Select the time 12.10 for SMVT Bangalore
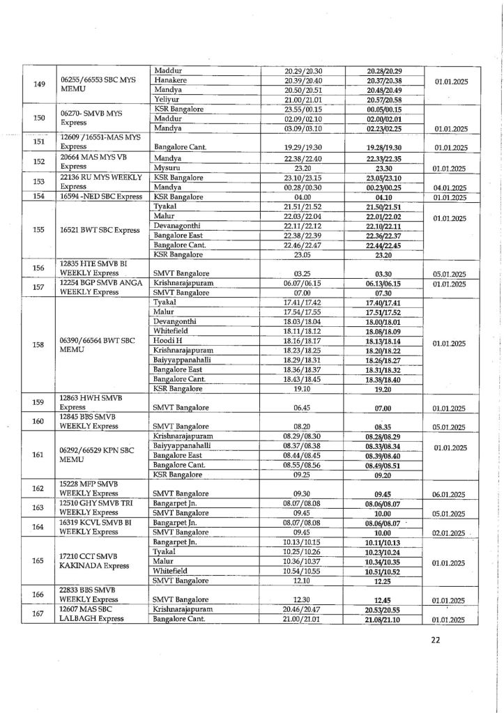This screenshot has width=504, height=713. point(302,581)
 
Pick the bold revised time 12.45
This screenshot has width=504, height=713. point(383,599)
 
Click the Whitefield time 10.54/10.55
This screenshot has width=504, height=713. point(302,571)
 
